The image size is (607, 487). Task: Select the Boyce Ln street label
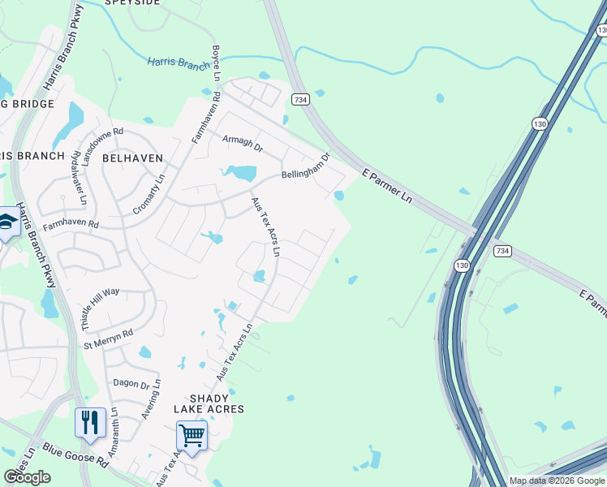216,62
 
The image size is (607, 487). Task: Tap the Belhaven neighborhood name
132,158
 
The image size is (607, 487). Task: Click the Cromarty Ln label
149,194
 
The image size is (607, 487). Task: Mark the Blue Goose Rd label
75,455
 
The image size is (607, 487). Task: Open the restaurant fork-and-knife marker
90,423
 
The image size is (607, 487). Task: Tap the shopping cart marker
192,435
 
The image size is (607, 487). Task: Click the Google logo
27,477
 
